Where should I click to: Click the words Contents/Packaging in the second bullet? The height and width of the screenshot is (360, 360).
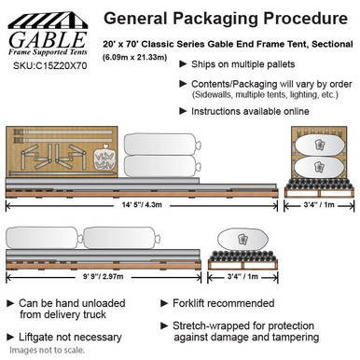[227, 82]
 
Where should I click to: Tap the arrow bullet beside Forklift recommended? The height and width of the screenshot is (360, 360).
[165, 304]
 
